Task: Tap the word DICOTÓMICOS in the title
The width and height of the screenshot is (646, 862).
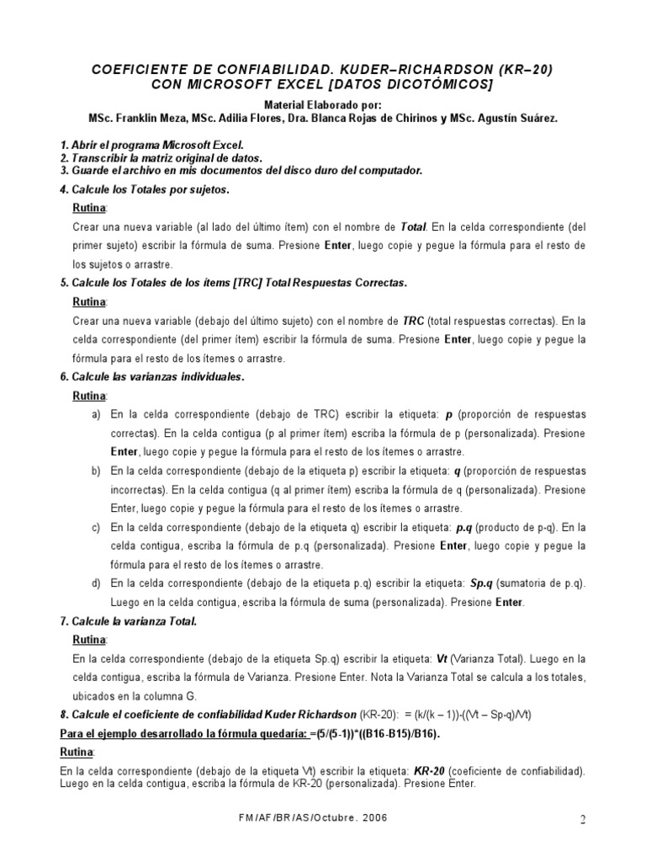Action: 440,85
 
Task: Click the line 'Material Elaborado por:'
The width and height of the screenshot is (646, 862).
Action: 323,105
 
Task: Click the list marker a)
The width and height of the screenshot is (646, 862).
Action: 95,415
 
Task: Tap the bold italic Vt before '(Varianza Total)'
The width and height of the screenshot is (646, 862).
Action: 442,659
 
